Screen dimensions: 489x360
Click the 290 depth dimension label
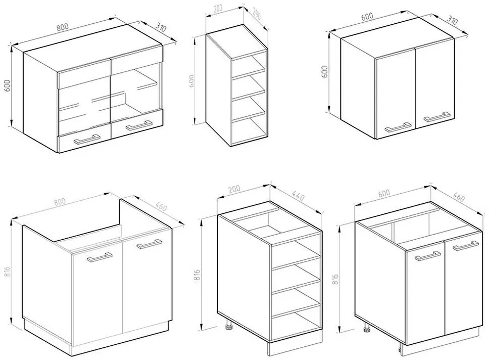[256, 15]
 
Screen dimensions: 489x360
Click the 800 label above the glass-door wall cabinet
[62, 27]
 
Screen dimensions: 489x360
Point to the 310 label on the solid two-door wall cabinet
[452, 20]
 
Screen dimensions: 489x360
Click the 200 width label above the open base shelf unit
[234, 189]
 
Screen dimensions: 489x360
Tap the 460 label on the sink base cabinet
[161, 207]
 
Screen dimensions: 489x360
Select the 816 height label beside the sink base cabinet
[7, 274]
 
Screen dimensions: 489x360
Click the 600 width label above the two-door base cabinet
[384, 193]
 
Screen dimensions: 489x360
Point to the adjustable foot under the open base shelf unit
[229, 325]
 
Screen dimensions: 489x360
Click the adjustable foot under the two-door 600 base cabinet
[367, 327]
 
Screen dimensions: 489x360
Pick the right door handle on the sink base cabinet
[149, 244]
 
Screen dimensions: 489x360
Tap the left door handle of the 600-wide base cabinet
[427, 256]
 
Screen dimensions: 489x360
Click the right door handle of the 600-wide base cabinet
[466, 245]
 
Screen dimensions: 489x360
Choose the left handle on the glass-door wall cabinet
[87, 139]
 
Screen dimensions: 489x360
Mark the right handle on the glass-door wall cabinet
[139, 125]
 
